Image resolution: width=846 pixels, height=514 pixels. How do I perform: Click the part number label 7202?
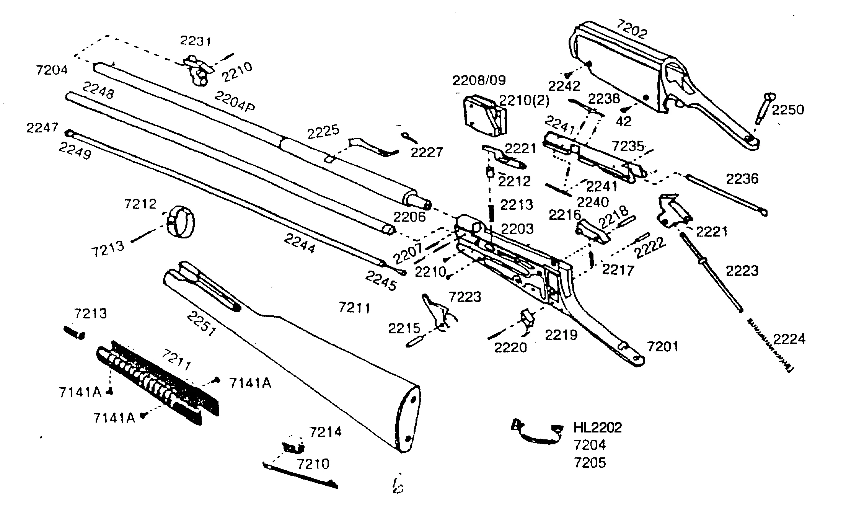pyautogui.click(x=632, y=28)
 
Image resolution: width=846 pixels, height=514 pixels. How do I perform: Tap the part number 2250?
pyautogui.click(x=787, y=110)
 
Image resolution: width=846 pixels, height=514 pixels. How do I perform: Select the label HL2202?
pyautogui.click(x=598, y=428)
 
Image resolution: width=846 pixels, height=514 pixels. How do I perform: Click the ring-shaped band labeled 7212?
pyautogui.click(x=181, y=222)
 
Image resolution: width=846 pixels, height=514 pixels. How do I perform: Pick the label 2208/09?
pyautogui.click(x=479, y=80)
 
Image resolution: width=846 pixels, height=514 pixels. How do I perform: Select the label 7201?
pyautogui.click(x=662, y=347)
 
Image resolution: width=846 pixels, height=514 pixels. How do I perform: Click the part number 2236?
pyautogui.click(x=742, y=179)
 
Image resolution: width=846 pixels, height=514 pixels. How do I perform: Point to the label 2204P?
pyautogui.click(x=234, y=101)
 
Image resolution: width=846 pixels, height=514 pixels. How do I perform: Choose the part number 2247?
pyautogui.click(x=42, y=127)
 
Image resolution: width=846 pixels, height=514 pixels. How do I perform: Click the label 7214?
pyautogui.click(x=325, y=432)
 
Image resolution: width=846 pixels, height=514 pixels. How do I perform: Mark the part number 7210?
pyautogui.click(x=313, y=464)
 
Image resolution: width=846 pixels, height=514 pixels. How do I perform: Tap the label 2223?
pyautogui.click(x=742, y=271)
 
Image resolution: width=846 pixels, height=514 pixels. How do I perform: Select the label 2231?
pyautogui.click(x=196, y=41)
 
